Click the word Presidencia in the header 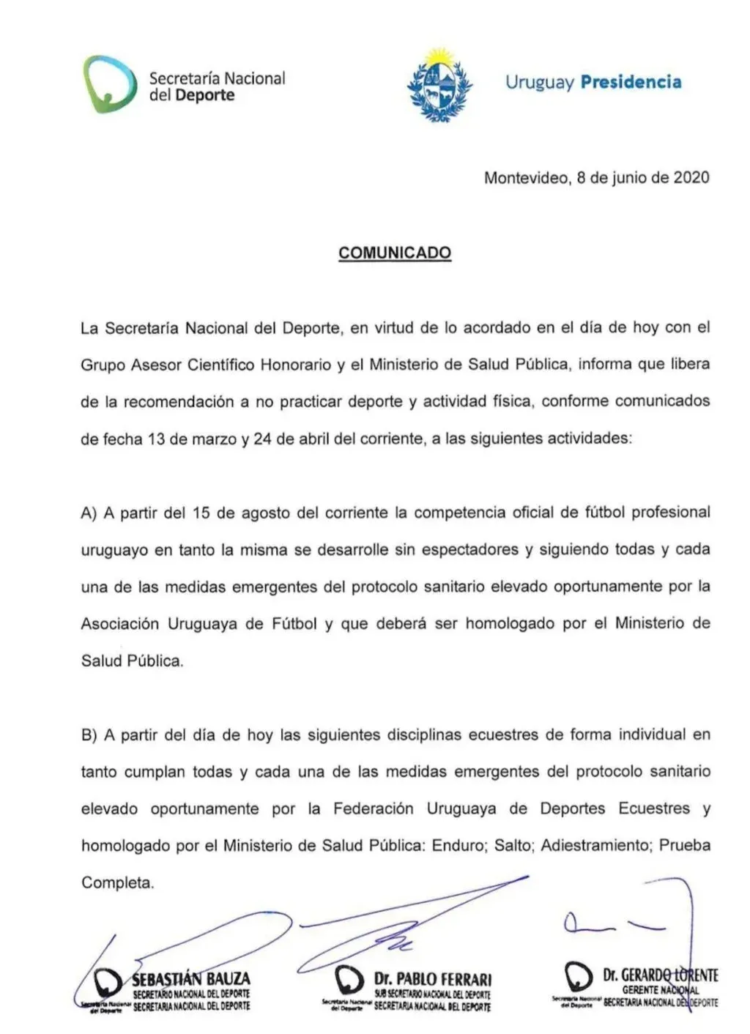pyautogui.click(x=631, y=81)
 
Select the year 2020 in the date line pyautogui.click(x=691, y=177)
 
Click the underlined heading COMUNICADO pyautogui.click(x=395, y=253)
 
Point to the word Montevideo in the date pyautogui.click(x=526, y=177)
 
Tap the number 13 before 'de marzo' pyautogui.click(x=156, y=439)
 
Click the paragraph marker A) pyautogui.click(x=89, y=513)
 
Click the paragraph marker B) pyautogui.click(x=89, y=734)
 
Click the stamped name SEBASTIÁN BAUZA pyautogui.click(x=191, y=978)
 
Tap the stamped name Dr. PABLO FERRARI pyautogui.click(x=433, y=979)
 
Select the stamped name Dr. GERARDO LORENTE pyautogui.click(x=660, y=975)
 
